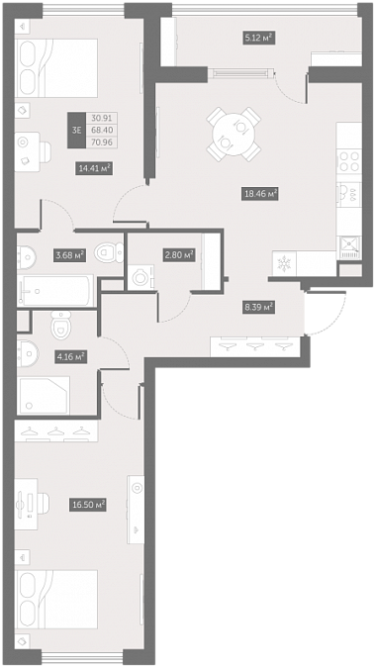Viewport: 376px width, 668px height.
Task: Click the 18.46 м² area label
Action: (x=260, y=195)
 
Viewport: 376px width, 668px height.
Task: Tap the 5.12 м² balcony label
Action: (x=257, y=39)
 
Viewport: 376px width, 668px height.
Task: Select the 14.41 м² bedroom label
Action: (x=95, y=168)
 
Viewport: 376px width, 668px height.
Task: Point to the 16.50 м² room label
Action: (x=88, y=506)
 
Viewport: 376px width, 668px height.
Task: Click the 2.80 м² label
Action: (x=178, y=255)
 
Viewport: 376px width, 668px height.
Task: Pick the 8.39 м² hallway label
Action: (x=258, y=307)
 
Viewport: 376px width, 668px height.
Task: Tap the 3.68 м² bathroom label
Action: (x=70, y=255)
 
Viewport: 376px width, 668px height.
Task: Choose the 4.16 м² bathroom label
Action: (x=71, y=356)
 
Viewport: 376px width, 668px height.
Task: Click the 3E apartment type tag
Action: (x=76, y=131)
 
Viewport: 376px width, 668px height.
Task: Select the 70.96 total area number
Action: (x=101, y=143)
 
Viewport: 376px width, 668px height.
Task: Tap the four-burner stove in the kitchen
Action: (x=349, y=161)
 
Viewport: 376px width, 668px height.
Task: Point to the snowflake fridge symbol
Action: (x=283, y=264)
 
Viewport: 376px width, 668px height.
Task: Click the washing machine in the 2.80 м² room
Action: (x=141, y=278)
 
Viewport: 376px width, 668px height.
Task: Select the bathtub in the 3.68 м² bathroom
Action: (x=55, y=291)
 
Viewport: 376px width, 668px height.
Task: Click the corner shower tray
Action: (x=44, y=395)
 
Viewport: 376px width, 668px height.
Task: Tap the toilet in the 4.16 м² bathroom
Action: (x=60, y=324)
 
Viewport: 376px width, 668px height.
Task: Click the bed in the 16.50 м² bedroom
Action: (x=56, y=600)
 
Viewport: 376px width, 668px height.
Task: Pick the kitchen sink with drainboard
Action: (x=350, y=247)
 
